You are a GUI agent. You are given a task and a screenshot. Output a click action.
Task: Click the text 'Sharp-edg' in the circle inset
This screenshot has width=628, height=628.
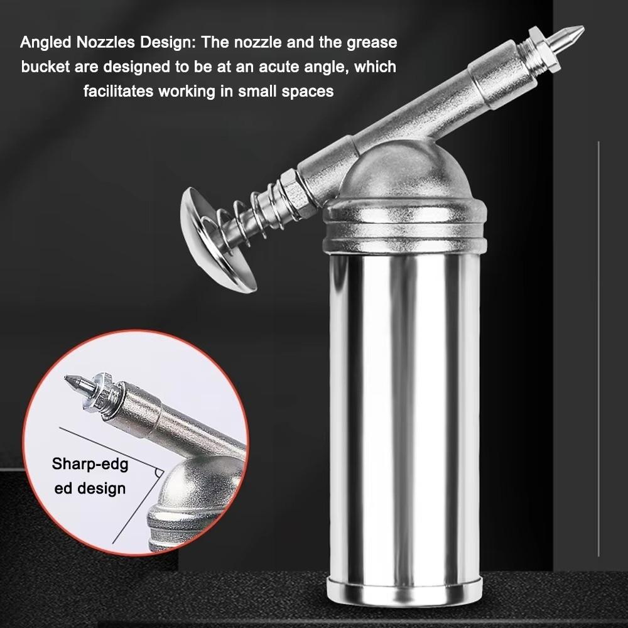pyautogui.click(x=90, y=465)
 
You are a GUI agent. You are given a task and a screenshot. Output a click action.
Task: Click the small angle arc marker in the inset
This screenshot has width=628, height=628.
pyautogui.click(x=157, y=473)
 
